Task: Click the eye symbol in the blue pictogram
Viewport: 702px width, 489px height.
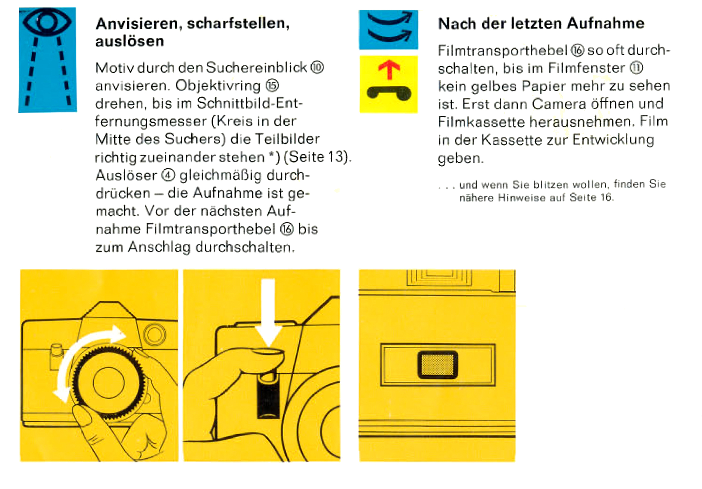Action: coord(47,21)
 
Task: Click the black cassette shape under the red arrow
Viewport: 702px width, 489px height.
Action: coord(389,93)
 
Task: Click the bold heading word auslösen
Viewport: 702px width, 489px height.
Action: coord(130,41)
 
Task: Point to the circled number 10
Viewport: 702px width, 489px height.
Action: coord(317,68)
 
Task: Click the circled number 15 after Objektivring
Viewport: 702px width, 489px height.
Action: coord(272,86)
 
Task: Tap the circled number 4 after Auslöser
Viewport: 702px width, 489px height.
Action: coord(168,175)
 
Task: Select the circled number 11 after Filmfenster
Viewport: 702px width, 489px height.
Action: coord(636,68)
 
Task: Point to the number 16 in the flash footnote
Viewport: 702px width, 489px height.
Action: coord(606,197)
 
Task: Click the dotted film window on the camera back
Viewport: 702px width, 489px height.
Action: coord(438,364)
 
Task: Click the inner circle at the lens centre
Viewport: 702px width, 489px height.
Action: coord(108,383)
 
